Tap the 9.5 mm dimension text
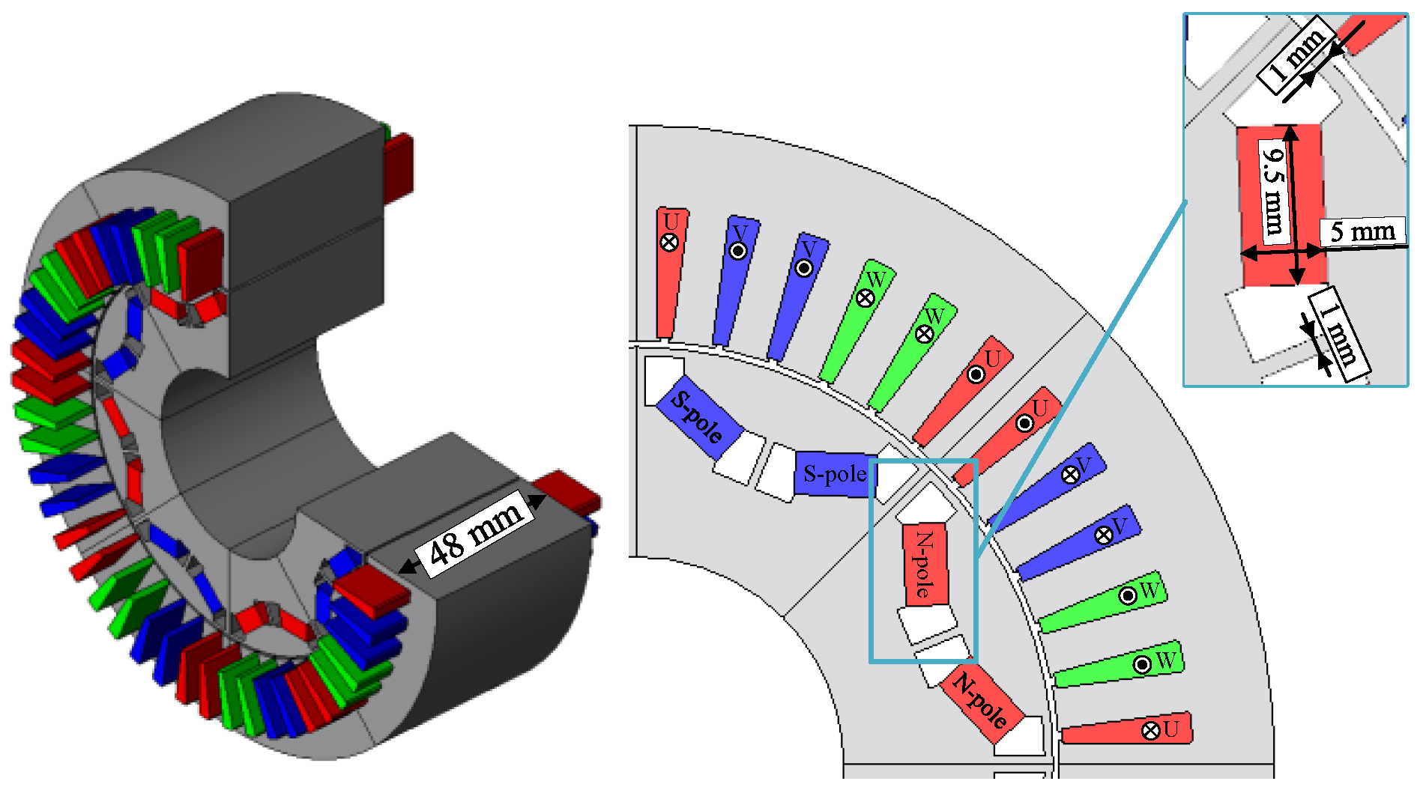(1273, 190)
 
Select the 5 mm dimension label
(1362, 231)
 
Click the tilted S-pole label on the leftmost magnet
(697, 416)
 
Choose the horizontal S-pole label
(835, 474)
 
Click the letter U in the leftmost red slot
(671, 222)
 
